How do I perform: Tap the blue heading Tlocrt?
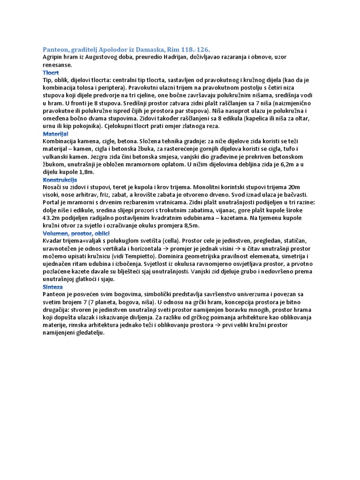click(51, 73)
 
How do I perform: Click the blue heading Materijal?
click(55, 134)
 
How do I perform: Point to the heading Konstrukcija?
click(60, 180)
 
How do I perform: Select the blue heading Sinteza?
click(52, 286)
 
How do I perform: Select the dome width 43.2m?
click(52, 218)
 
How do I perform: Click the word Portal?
click(52, 202)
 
